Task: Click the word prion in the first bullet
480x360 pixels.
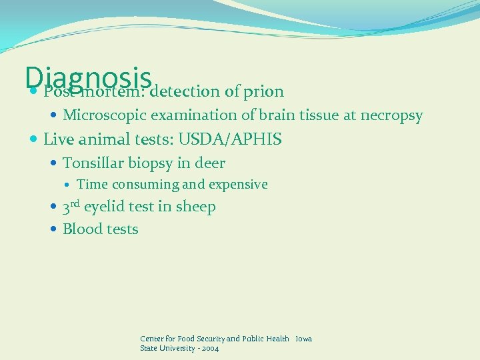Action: coord(263,91)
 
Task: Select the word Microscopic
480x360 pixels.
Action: coord(104,115)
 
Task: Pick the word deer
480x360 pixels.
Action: coord(211,163)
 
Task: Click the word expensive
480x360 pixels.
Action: coord(238,185)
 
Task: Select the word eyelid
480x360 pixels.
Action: coord(104,207)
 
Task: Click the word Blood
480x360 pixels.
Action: coord(82,229)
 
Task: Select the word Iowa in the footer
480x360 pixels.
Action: coord(303,339)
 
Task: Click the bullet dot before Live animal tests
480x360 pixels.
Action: coord(34,140)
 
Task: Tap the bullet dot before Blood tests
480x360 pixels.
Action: coord(54,229)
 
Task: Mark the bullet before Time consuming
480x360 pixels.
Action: coord(70,185)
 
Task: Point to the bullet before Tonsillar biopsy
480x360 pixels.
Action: coord(54,163)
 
